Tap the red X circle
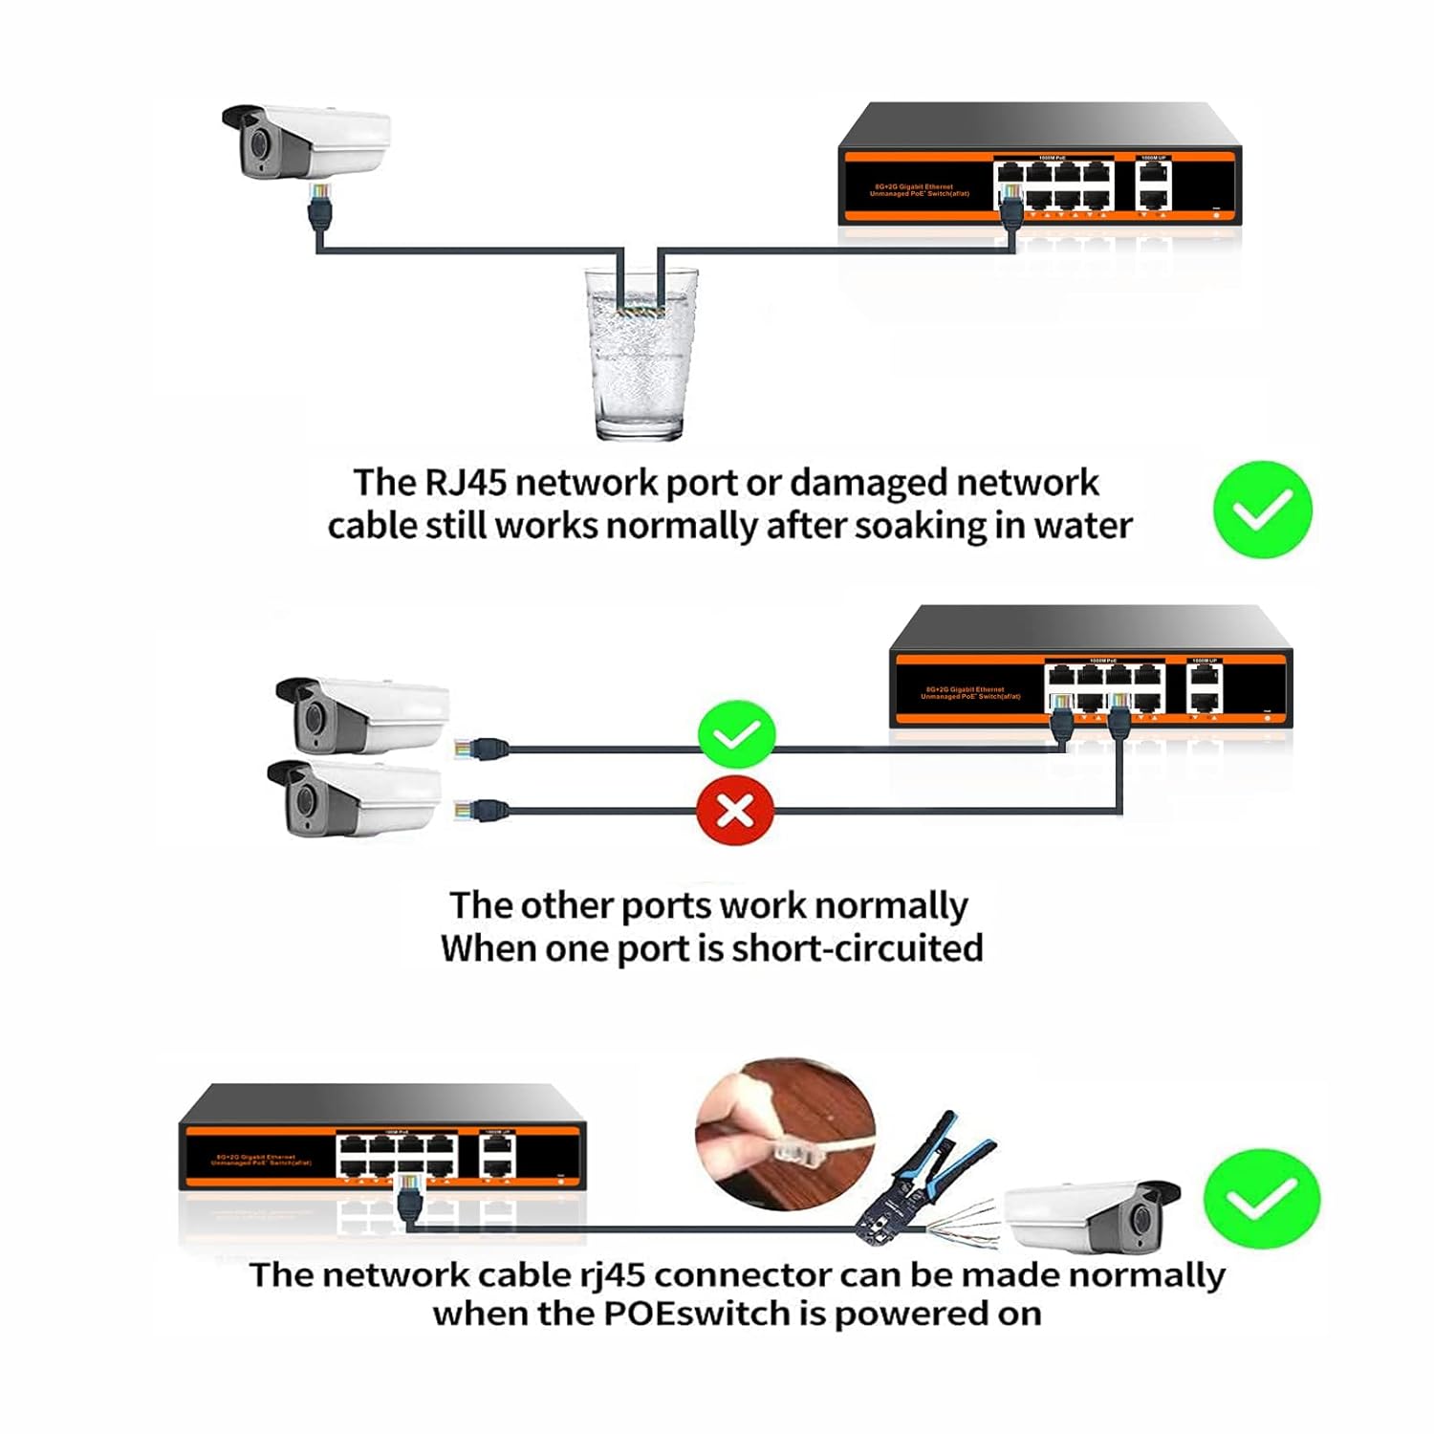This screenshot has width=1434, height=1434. (734, 811)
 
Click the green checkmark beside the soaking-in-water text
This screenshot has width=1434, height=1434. (1262, 510)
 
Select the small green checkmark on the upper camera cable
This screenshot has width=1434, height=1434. (736, 734)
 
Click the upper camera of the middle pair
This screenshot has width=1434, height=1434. (361, 715)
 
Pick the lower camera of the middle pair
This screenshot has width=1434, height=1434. (354, 798)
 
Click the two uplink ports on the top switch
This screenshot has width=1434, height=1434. (1155, 186)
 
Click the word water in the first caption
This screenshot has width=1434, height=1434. (1082, 526)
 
